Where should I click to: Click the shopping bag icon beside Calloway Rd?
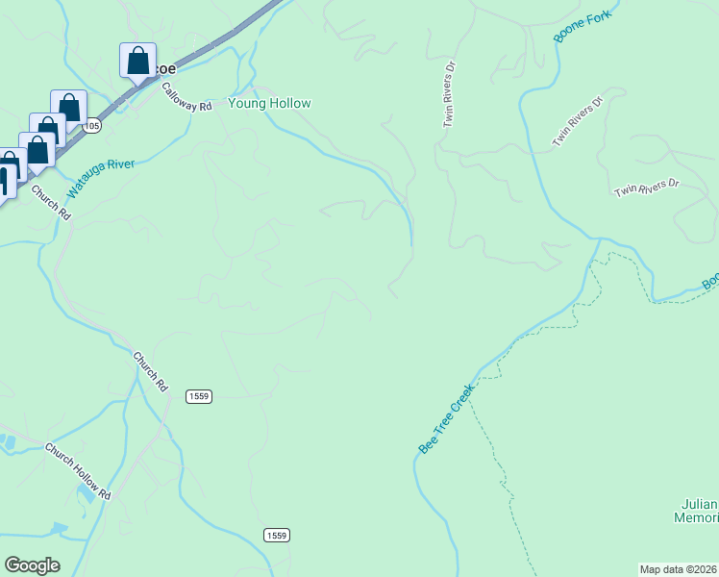138,60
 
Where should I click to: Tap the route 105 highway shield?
92,126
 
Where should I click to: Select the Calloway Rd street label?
186,97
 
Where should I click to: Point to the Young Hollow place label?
269,103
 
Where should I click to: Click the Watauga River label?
101,170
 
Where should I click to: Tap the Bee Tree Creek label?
447,419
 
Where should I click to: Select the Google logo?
32,565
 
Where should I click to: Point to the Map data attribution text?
679,569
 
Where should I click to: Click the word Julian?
699,504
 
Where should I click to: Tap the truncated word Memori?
696,518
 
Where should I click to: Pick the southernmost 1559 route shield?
277,535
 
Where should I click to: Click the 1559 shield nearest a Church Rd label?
199,396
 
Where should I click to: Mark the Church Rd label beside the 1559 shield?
150,371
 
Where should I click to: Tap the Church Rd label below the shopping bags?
51,202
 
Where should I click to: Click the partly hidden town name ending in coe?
165,69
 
